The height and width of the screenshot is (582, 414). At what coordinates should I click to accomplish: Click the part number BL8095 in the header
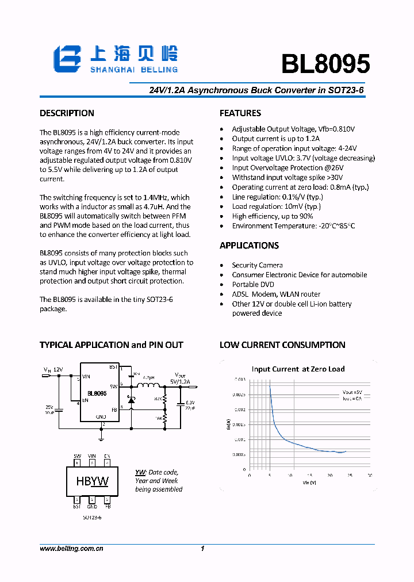point(325,64)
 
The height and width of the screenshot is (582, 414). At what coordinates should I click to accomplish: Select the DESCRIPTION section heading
point(67,113)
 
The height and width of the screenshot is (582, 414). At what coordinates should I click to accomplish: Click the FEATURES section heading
point(240,113)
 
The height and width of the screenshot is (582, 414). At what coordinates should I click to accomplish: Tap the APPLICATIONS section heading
point(249,246)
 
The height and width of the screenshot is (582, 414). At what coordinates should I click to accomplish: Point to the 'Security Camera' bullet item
point(257,265)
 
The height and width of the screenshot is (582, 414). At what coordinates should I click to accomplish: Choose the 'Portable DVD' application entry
point(253,285)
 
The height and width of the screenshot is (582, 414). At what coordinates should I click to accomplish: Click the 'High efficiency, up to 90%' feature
point(273,216)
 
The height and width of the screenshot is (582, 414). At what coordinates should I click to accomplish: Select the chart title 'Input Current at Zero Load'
point(298,369)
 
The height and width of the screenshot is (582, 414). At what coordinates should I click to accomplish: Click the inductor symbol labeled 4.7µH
point(151,385)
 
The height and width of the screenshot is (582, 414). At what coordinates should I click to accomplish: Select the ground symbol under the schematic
point(102,437)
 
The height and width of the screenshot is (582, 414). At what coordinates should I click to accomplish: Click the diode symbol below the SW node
point(131,400)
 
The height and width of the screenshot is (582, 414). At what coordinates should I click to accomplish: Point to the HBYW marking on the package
point(92,481)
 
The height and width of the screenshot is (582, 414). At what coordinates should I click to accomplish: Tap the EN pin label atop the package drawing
point(107,456)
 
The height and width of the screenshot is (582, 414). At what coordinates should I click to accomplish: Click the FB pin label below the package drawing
point(107,507)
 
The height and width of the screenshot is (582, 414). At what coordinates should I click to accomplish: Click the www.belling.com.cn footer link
point(71,549)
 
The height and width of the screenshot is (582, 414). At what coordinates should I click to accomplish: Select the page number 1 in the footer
point(202,549)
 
